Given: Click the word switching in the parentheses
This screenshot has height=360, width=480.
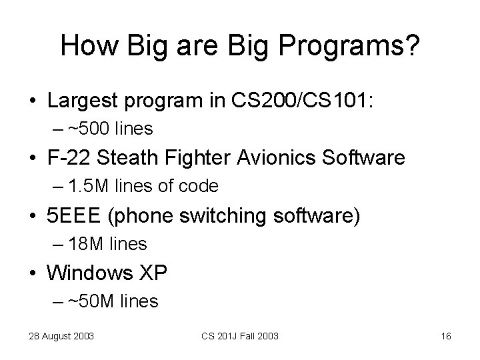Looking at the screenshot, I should pyautogui.click(x=232, y=216).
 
